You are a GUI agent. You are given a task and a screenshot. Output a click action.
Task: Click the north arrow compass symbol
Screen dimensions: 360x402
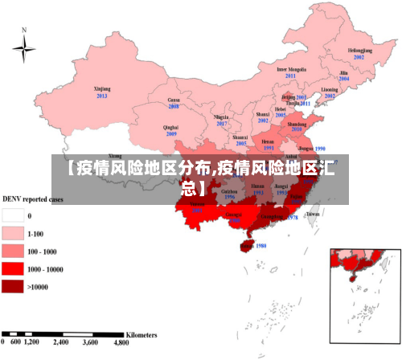point(24,50)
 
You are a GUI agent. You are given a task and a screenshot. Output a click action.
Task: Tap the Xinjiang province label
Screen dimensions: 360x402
point(102,88)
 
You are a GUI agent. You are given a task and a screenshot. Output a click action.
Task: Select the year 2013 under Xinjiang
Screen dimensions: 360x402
point(102,96)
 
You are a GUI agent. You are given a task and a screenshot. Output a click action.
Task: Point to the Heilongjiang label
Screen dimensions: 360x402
point(359,50)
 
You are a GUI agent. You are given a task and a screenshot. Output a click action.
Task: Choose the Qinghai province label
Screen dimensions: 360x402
point(170,127)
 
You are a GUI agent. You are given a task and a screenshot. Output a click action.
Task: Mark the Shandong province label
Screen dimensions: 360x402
point(297,125)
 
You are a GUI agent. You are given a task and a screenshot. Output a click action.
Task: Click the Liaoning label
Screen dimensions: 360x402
point(330,88)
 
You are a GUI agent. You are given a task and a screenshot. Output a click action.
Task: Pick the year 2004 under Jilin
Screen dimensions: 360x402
point(344,79)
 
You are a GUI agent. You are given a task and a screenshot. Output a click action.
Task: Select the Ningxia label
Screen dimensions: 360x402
point(222,117)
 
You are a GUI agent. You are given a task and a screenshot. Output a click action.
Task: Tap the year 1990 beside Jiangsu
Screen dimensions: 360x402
point(320,149)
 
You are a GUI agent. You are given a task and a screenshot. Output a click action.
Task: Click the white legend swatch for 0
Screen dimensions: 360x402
point(12,215)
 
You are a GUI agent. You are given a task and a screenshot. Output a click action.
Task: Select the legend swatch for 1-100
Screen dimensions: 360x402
point(12,234)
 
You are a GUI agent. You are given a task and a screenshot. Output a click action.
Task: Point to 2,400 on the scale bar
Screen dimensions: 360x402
point(61,342)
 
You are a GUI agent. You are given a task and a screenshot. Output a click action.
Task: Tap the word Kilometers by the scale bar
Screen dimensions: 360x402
point(141,333)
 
